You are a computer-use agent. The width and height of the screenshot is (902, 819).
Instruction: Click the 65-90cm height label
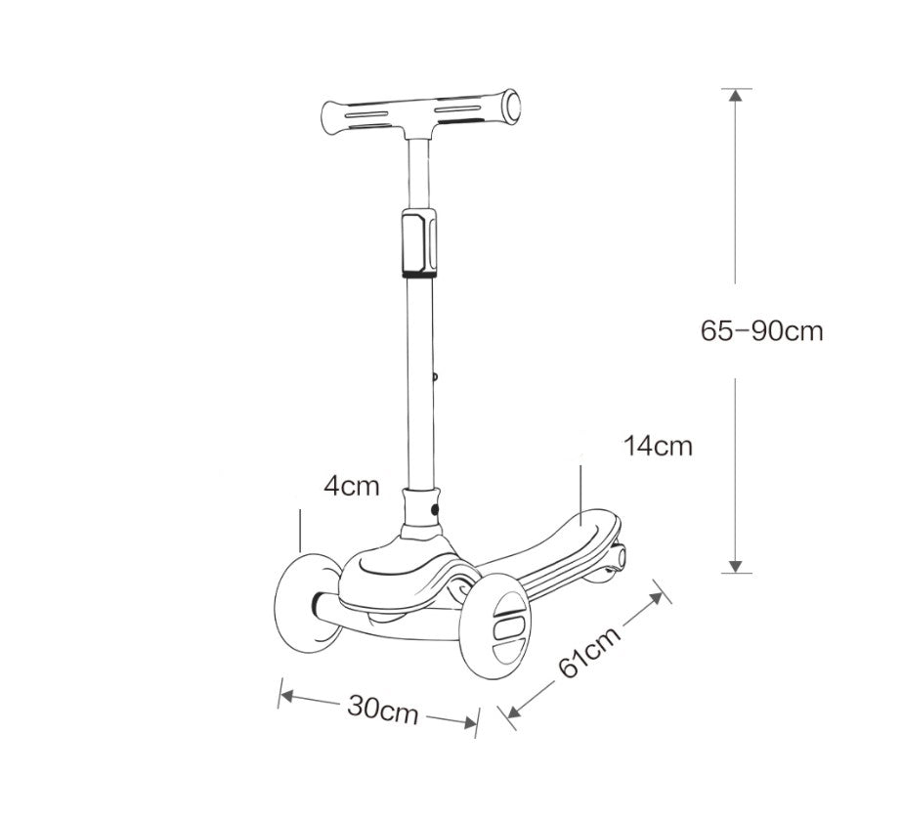click(761, 331)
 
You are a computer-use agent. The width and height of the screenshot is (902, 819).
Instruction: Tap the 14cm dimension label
click(658, 447)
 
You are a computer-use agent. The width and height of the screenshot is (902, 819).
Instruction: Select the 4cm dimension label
click(353, 486)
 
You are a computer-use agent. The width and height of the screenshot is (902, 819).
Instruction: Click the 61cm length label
click(589, 654)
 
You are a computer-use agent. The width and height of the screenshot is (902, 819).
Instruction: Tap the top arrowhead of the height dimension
click(737, 95)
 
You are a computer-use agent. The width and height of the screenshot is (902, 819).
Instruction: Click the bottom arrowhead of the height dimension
click(737, 565)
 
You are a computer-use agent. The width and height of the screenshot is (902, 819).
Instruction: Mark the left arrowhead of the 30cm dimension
click(285, 696)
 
